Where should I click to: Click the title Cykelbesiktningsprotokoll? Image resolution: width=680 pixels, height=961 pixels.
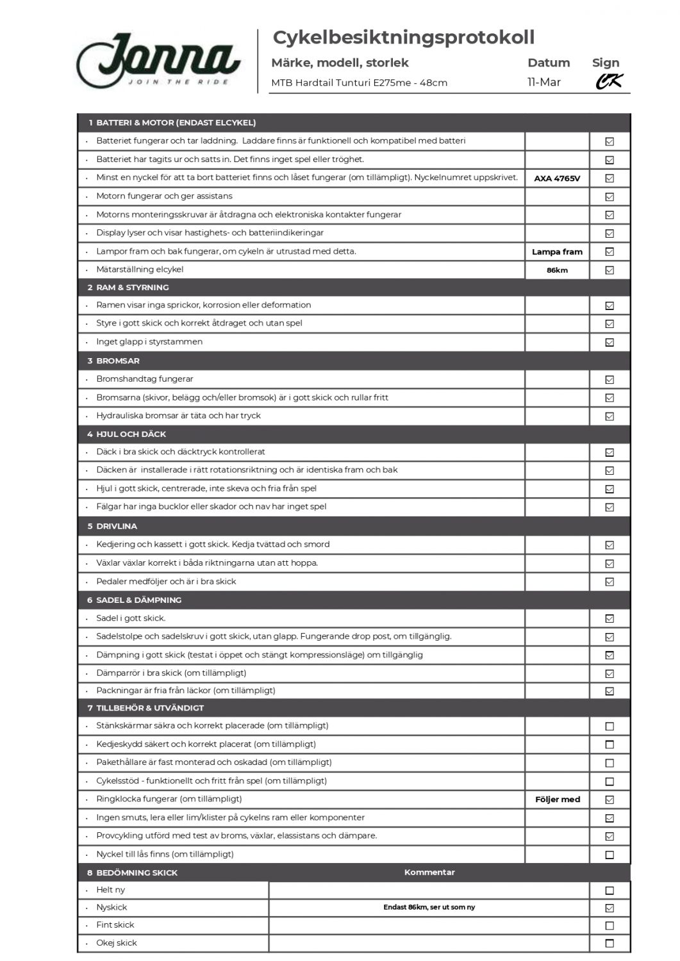pyautogui.click(x=403, y=37)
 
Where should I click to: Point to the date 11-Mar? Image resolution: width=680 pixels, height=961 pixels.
pyautogui.click(x=543, y=82)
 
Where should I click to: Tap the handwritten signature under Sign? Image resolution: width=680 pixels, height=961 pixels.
pyautogui.click(x=608, y=81)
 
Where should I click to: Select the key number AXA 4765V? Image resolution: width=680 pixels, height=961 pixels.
pyautogui.click(x=557, y=178)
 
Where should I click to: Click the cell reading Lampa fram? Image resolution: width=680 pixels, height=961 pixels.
pyautogui.click(x=557, y=252)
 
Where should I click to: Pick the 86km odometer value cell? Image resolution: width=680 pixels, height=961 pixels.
pyautogui.click(x=557, y=270)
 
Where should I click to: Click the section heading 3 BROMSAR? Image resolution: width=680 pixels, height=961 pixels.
pyautogui.click(x=113, y=361)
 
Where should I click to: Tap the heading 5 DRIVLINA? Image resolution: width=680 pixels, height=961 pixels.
pyautogui.click(x=112, y=526)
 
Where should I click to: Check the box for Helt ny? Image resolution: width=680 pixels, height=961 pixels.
pyautogui.click(x=610, y=891)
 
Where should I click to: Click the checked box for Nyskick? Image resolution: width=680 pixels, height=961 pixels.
pyautogui.click(x=610, y=908)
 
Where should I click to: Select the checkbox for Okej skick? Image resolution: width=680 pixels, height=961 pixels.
pyautogui.click(x=610, y=943)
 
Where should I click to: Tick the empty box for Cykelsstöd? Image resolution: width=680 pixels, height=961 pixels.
pyautogui.click(x=610, y=782)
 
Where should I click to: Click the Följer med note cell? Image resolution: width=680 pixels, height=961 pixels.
pyautogui.click(x=557, y=800)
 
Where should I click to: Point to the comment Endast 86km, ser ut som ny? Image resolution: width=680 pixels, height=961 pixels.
pyautogui.click(x=429, y=907)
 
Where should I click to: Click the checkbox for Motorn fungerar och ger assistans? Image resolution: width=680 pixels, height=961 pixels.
pyautogui.click(x=610, y=197)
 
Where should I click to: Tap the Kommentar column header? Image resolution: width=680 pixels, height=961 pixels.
pyautogui.click(x=429, y=873)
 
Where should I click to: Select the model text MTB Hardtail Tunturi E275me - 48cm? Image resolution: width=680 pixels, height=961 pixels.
pyautogui.click(x=359, y=83)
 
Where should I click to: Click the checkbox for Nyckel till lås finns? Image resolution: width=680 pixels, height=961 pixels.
pyautogui.click(x=610, y=855)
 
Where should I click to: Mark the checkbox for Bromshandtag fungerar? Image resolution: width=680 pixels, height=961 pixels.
pyautogui.click(x=610, y=380)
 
